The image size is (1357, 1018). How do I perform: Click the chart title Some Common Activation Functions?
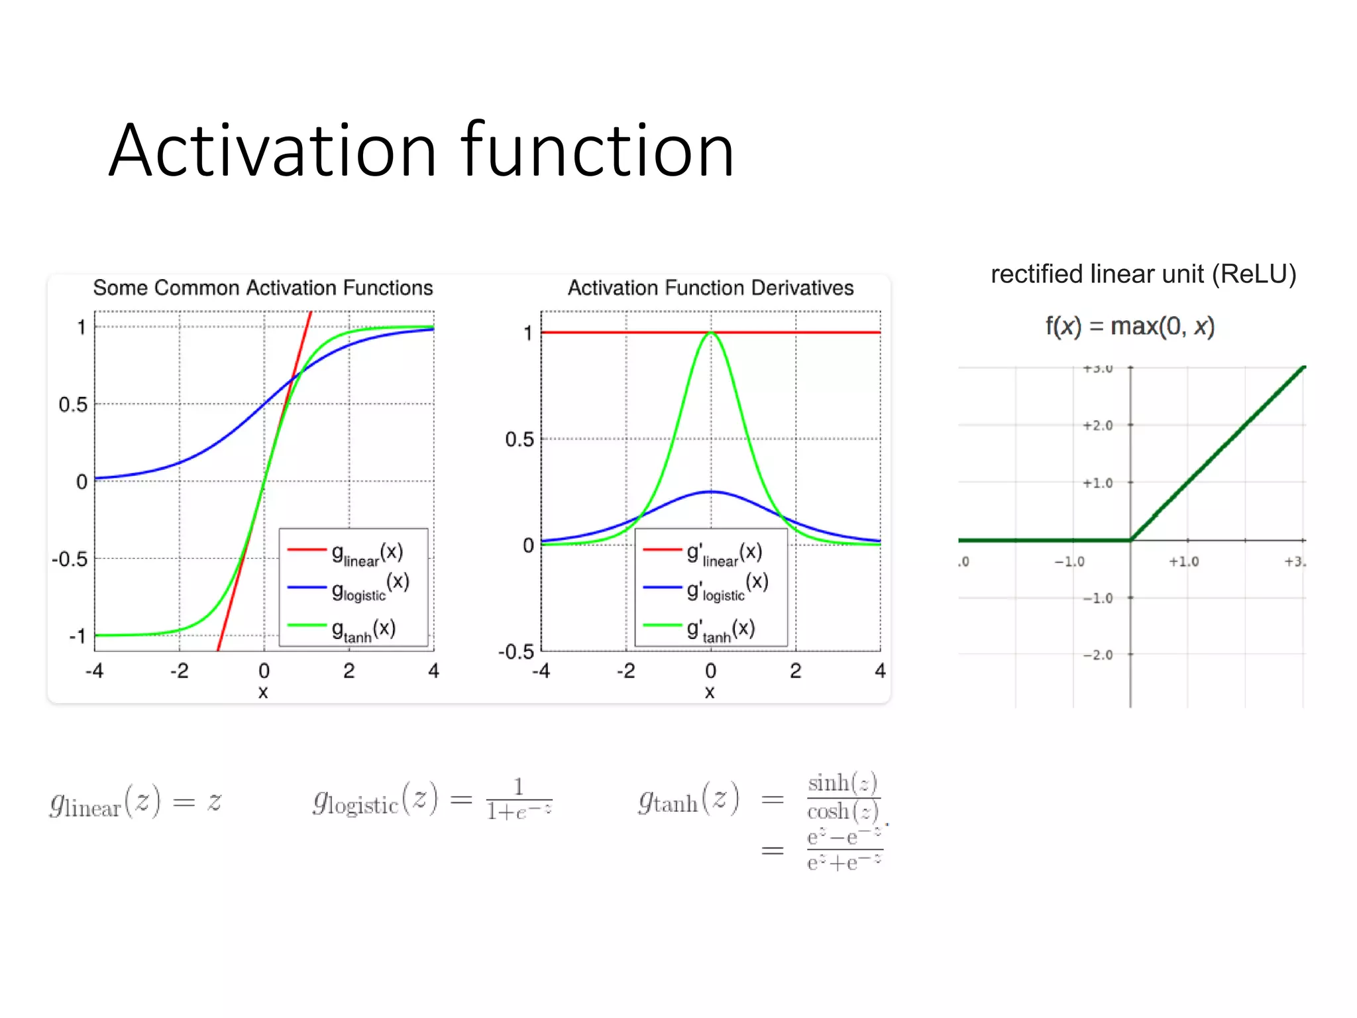pos(262,288)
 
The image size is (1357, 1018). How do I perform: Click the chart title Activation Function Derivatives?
pos(710,288)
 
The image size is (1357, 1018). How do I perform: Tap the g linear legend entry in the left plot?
pos(366,553)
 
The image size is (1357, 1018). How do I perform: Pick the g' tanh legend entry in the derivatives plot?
pos(720,629)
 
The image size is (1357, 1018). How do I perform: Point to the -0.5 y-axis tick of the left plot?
pos(70,559)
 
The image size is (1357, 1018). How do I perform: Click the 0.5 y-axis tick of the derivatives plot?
pos(519,439)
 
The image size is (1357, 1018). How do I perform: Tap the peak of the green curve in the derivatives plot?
pos(711,333)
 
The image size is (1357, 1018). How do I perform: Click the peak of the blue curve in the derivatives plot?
pos(711,492)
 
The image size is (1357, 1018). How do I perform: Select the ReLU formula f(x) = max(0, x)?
pos(1130,326)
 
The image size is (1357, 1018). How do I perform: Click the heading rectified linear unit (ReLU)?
pos(1143,274)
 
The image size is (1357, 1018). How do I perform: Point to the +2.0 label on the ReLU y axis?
pos(1097,425)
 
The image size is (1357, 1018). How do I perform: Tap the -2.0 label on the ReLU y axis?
pos(1097,655)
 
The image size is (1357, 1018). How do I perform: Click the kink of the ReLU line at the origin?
pos(1130,540)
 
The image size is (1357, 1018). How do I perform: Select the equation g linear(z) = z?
pos(136,802)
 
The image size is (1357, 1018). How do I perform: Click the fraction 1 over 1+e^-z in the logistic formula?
pos(519,800)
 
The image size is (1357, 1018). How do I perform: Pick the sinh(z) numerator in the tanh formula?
pos(842,783)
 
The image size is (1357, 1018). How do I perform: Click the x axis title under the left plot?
pos(263,693)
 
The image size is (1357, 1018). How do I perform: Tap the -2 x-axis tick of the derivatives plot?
pos(625,671)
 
